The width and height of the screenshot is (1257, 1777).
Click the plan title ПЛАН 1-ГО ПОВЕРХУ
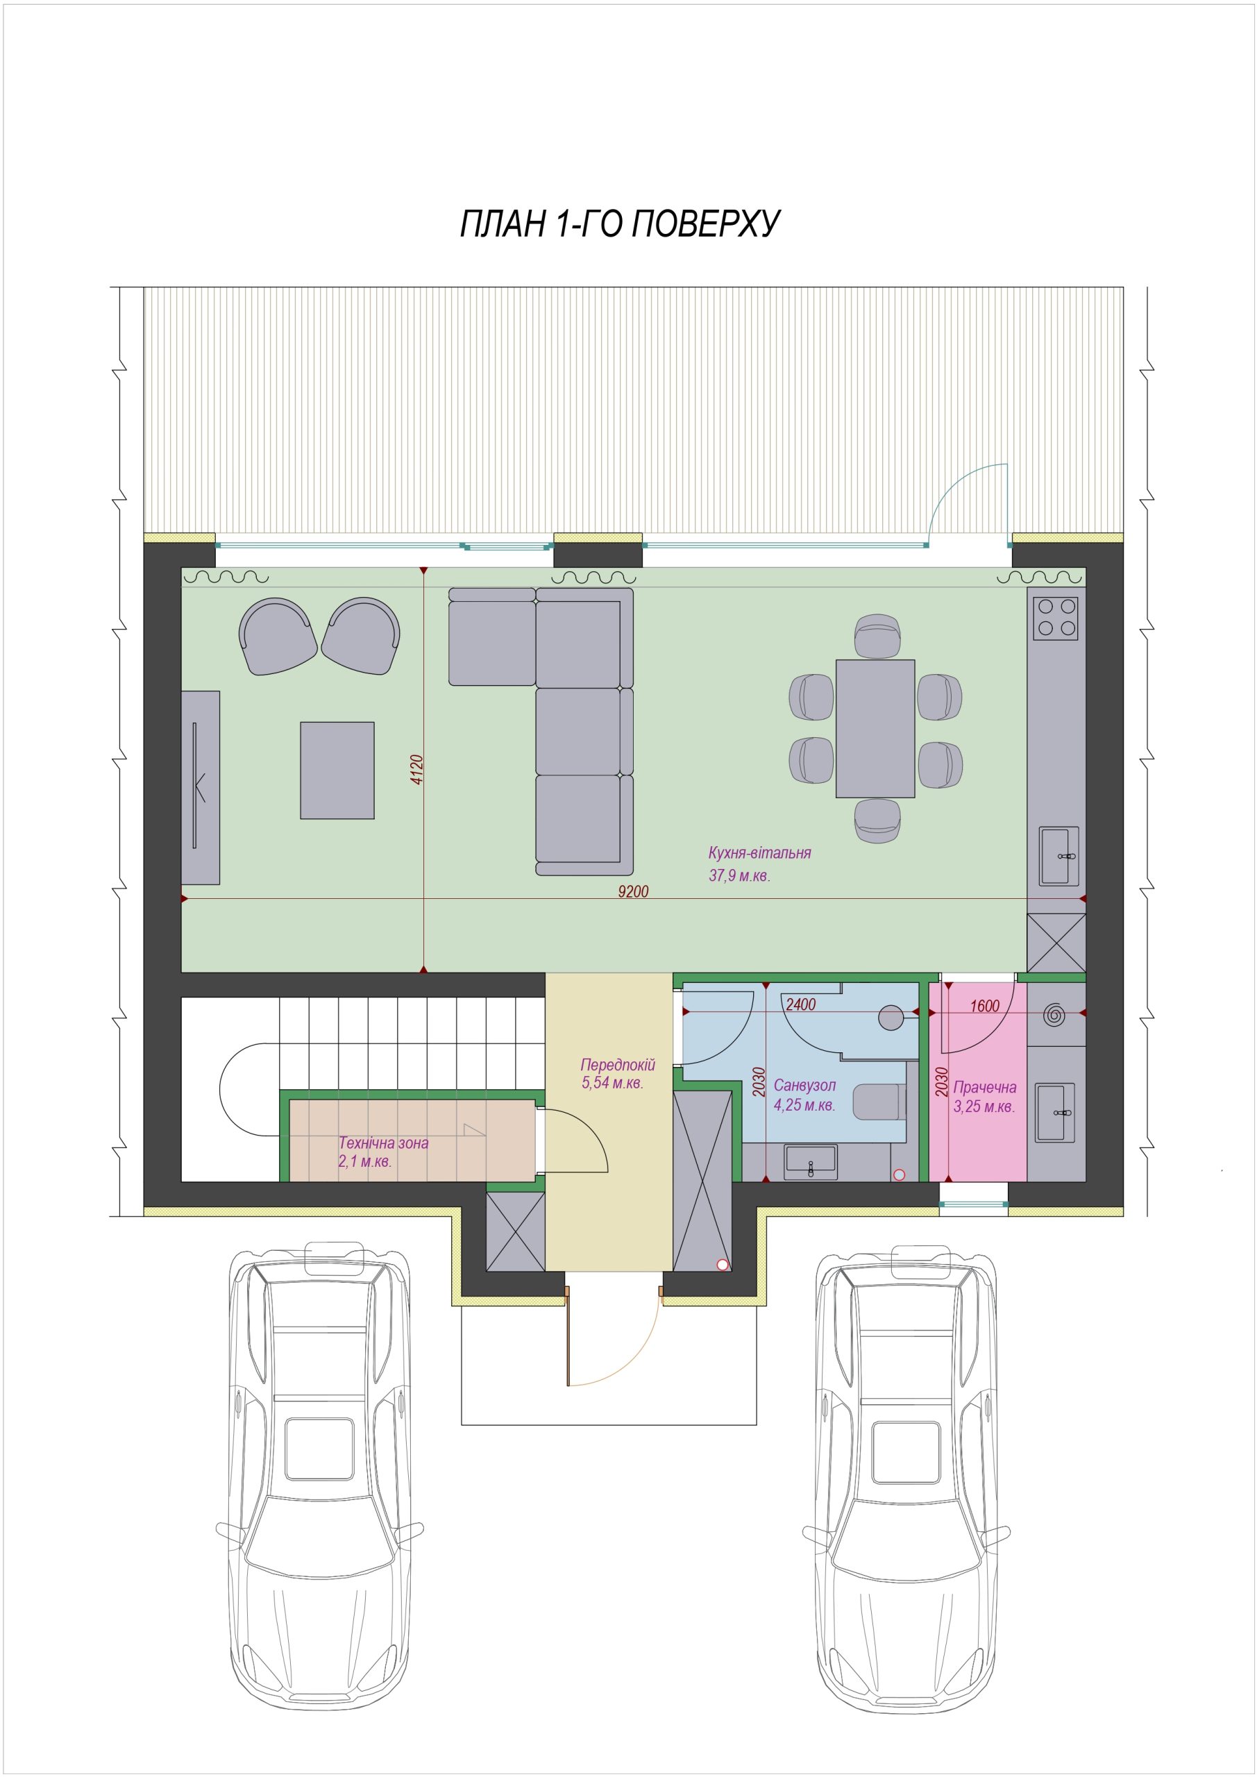click(x=620, y=224)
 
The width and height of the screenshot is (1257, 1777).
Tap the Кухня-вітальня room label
click(x=759, y=853)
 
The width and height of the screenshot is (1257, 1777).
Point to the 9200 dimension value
click(x=633, y=891)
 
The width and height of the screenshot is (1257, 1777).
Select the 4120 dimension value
click(x=417, y=769)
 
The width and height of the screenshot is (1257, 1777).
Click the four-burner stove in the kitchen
click(x=1056, y=618)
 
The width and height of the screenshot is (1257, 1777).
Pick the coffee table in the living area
click(x=337, y=770)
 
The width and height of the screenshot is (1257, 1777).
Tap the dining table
click(x=875, y=728)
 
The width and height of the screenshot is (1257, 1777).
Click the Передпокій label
click(x=618, y=1065)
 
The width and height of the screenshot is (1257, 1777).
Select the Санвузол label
click(x=804, y=1086)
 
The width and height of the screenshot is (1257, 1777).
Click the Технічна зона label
click(x=383, y=1143)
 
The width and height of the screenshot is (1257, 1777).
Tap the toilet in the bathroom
click(x=879, y=1102)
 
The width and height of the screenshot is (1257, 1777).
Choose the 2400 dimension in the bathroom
click(x=800, y=1004)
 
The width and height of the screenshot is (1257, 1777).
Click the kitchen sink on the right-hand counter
click(x=1060, y=855)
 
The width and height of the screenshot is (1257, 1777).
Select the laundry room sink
click(x=1055, y=1112)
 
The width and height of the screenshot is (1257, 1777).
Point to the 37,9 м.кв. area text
click(x=739, y=877)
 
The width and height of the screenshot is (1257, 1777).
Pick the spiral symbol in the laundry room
click(x=1054, y=1015)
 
